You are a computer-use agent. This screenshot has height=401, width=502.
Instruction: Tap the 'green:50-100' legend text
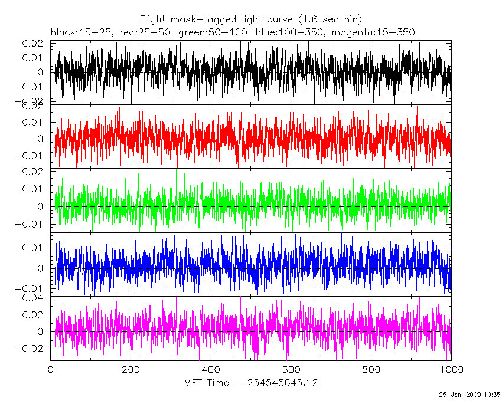(x=204, y=32)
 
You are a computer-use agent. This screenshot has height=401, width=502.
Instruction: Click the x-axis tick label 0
(x=50, y=370)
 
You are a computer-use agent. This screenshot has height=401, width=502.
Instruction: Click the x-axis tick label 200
(x=131, y=370)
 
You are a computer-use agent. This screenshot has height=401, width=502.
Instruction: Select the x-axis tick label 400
(x=211, y=370)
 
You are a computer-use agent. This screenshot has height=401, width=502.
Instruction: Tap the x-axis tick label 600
(x=291, y=370)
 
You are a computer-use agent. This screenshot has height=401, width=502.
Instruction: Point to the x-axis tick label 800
(x=371, y=370)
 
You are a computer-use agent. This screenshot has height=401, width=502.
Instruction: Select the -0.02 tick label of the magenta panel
(x=31, y=349)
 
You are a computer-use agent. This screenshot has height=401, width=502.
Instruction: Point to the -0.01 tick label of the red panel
(x=31, y=156)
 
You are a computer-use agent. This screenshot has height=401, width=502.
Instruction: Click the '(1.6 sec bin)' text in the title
(x=328, y=19)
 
